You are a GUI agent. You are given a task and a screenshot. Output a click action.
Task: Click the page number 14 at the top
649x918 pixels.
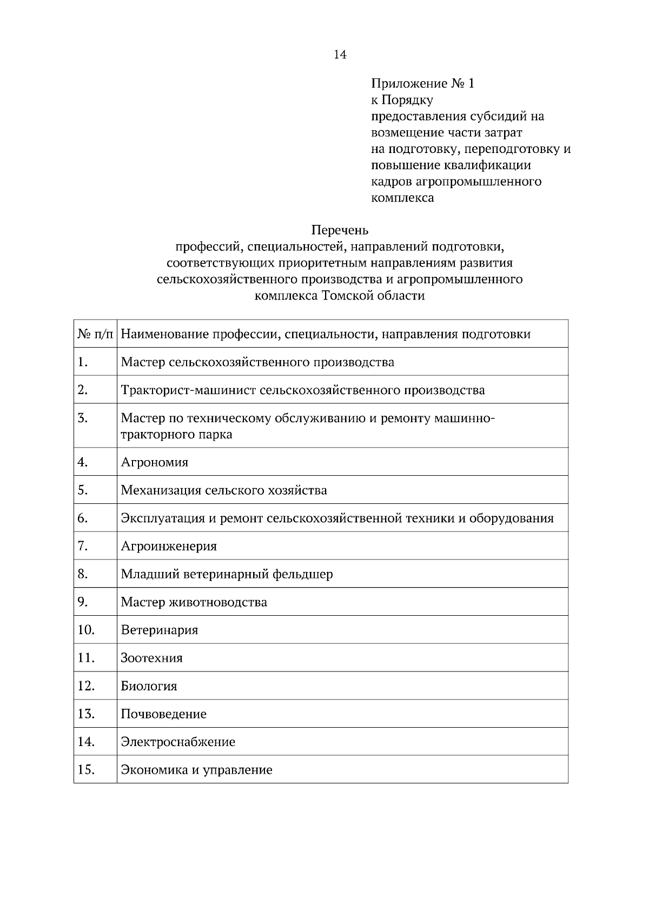pos(340,55)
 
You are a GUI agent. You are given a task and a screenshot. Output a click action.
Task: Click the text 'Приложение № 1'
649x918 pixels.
pos(422,84)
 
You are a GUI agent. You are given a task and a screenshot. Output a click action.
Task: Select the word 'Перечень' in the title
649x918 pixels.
pos(340,230)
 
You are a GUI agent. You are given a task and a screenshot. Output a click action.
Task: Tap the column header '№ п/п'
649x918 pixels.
pos(96,334)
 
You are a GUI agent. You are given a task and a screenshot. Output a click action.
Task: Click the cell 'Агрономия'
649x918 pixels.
pos(155,462)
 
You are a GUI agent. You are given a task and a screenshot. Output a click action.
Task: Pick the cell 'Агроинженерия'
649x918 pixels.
pos(169,546)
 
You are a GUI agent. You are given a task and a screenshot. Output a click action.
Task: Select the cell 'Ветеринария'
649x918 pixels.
pos(160,630)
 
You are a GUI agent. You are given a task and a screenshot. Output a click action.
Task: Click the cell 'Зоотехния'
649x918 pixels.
pos(152,658)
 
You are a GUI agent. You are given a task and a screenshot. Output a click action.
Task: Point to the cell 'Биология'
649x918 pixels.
pos(149,686)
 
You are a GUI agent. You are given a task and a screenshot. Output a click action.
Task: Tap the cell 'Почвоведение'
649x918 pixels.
pos(164,714)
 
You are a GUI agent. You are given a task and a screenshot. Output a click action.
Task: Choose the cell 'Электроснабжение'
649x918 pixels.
pos(178,742)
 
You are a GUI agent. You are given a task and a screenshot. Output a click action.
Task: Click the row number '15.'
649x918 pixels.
pos(87,770)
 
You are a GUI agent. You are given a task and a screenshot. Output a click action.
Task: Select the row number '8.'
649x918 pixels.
pos(83,574)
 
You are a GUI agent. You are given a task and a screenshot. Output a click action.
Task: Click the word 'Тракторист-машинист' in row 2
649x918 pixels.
pos(188,390)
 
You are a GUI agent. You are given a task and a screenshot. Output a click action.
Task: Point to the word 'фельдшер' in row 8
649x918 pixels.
pos(302,574)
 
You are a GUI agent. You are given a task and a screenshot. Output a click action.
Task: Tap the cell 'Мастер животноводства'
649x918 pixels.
pos(194,602)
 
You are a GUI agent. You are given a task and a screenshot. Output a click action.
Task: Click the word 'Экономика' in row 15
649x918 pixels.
pos(154,770)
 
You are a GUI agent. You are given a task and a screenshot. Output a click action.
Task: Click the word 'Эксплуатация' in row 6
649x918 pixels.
pos(162,518)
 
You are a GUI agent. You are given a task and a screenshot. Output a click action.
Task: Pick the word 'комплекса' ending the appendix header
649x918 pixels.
pos(402,198)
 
